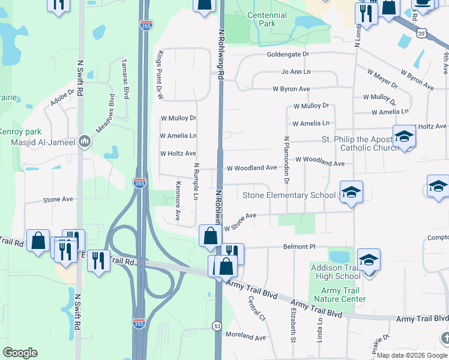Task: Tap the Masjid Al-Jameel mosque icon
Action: tap(85, 142)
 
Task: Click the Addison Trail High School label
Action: tap(336, 271)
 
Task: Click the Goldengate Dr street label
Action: tap(288, 54)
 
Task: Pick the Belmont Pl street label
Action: tap(299, 247)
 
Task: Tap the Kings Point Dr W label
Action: tap(160, 75)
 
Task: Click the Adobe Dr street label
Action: tap(62, 98)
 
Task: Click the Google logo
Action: tap(20, 353)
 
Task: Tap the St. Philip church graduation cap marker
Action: tap(404, 137)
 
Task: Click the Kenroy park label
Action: tap(20, 131)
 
